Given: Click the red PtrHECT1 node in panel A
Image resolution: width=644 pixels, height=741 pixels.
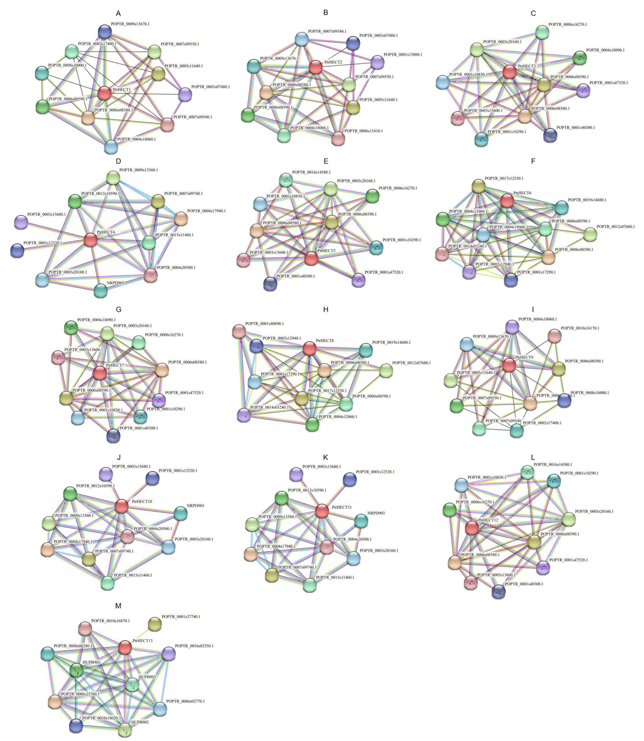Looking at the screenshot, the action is (105, 93).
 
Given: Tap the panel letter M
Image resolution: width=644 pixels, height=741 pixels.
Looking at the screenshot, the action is (118, 606).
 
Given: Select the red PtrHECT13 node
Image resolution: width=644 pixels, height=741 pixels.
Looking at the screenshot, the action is (125, 647).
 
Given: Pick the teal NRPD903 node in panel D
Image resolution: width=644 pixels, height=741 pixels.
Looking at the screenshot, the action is (101, 291).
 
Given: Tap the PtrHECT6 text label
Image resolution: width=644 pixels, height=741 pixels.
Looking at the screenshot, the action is (522, 193).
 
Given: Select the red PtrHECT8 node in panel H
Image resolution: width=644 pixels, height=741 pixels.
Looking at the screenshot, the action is (310, 348).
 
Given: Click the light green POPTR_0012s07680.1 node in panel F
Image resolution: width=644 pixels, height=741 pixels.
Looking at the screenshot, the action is (590, 234).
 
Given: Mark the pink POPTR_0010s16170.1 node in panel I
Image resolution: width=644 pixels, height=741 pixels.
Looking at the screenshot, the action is (554, 336).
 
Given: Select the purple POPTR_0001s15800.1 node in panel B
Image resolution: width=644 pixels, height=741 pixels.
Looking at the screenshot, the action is (377, 62).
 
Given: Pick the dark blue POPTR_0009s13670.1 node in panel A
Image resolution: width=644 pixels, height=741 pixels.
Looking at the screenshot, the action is (105, 32).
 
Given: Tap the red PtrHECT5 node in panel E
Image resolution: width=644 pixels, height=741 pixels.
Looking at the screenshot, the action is (311, 258).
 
